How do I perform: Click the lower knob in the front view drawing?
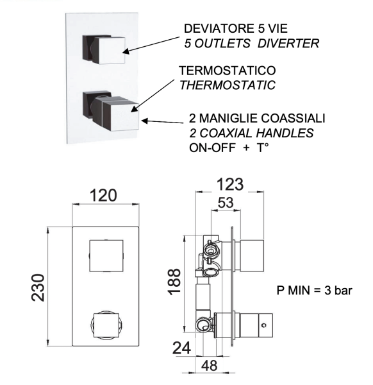click(x=106, y=325)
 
